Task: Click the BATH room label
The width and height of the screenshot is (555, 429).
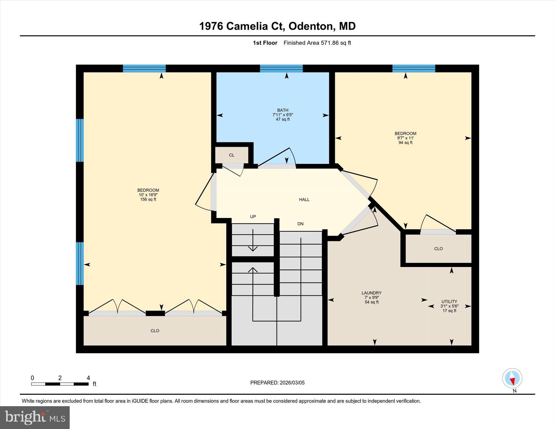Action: (282, 110)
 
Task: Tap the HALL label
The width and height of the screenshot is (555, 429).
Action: (304, 200)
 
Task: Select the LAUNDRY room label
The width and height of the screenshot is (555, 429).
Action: (371, 293)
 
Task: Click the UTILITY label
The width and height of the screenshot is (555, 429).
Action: (449, 302)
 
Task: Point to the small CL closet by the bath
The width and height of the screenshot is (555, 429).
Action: (232, 155)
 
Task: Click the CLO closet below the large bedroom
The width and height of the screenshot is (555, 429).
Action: (155, 331)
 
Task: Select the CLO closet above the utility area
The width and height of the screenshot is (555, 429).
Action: (438, 249)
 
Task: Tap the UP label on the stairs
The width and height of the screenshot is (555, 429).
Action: (253, 217)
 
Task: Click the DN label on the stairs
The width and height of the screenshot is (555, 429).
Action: (300, 224)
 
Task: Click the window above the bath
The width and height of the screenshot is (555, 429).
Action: (281, 68)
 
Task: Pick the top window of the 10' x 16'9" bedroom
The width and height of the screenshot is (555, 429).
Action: (144, 68)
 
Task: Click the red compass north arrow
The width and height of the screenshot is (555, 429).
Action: (512, 381)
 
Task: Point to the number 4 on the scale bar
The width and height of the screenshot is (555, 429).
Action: (88, 378)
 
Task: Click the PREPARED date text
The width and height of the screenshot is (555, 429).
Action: (277, 383)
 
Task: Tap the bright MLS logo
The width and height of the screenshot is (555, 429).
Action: (35, 417)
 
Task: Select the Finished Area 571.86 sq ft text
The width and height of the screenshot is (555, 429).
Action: (317, 43)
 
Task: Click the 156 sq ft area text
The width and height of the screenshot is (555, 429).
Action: (148, 200)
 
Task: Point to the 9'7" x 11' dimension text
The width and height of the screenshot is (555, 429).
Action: (405, 138)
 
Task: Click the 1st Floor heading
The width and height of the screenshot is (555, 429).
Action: (265, 43)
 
